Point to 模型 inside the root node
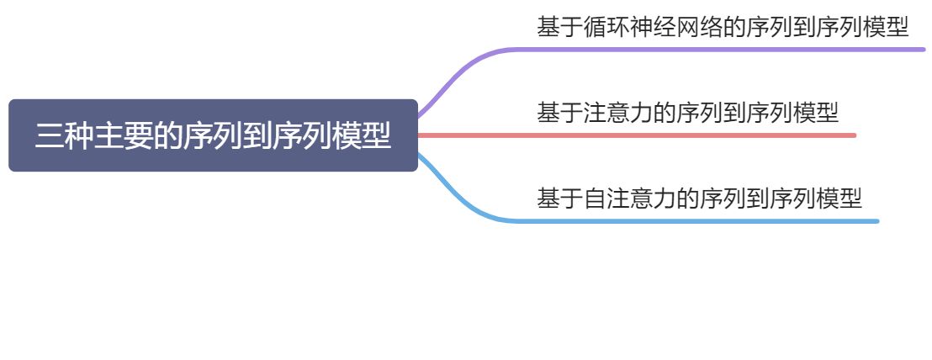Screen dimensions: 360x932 [x=362, y=136]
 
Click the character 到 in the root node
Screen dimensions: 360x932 [x=257, y=136]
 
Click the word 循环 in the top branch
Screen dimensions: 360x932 [x=606, y=27]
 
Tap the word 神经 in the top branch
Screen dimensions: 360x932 [x=654, y=27]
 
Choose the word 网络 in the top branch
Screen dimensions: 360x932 [x=700, y=27]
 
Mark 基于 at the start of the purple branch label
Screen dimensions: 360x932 [x=560, y=27]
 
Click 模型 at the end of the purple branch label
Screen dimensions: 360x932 [x=886, y=27]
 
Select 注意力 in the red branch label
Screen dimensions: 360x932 [x=618, y=112]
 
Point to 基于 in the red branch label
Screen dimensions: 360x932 [x=560, y=112]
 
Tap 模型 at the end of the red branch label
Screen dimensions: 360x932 [x=816, y=112]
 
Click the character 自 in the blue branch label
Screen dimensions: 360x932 [x=595, y=199]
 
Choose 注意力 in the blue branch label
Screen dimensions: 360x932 [x=642, y=199]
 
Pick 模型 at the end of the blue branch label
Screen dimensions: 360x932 [x=839, y=199]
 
